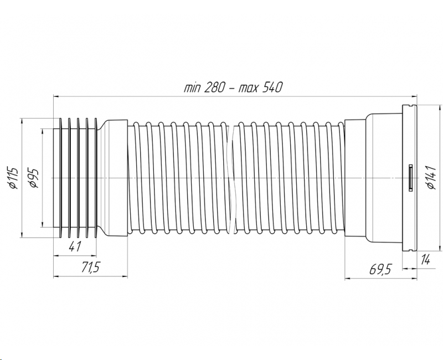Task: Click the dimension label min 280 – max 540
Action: tap(233, 88)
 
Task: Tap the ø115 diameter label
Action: tap(13, 178)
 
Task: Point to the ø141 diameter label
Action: tap(432, 177)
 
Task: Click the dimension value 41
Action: tap(75, 246)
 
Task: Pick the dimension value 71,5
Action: tap(91, 267)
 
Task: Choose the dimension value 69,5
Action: tap(380, 269)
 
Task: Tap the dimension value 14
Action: tap(425, 259)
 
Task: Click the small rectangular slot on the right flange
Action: tap(410, 178)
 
